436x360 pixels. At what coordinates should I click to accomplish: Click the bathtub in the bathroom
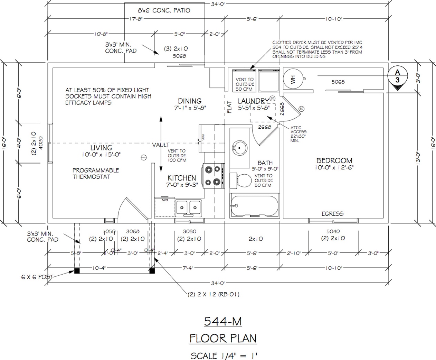pos(254,205)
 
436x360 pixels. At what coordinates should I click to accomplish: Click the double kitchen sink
pos(188,207)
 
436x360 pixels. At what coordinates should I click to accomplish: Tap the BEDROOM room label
pos(334,161)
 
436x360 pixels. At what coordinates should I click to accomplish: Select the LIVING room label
pos(101,148)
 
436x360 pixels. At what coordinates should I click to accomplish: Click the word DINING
pos(190,101)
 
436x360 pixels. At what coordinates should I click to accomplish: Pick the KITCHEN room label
pos(182,178)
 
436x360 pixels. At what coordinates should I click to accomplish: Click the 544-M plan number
pos(223,322)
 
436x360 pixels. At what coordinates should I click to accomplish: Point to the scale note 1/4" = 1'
pos(224,355)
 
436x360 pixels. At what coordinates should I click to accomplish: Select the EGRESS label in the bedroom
pos(332,214)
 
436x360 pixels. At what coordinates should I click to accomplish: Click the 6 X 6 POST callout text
pos(37,277)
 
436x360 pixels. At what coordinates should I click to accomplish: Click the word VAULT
pos(161,145)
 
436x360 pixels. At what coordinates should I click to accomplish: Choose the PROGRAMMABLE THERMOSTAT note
pos(96,173)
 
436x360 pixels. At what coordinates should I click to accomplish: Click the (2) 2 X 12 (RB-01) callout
pos(214,294)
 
